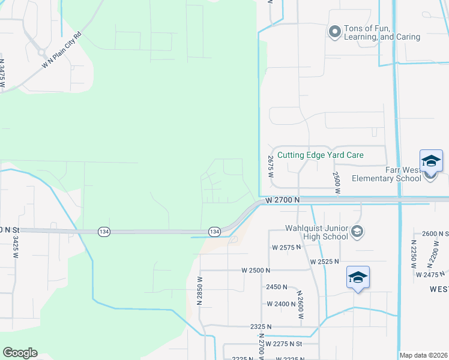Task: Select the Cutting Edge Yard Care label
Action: click(320, 155)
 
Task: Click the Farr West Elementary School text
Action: click(386, 174)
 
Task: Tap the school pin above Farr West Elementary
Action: click(430, 162)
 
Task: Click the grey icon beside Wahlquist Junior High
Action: click(357, 231)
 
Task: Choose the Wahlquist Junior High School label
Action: click(317, 232)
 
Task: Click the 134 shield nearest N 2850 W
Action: click(214, 231)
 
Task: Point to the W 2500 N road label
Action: click(254, 271)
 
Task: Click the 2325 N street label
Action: click(261, 326)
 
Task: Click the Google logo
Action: click(20, 353)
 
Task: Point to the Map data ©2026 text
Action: click(423, 355)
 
